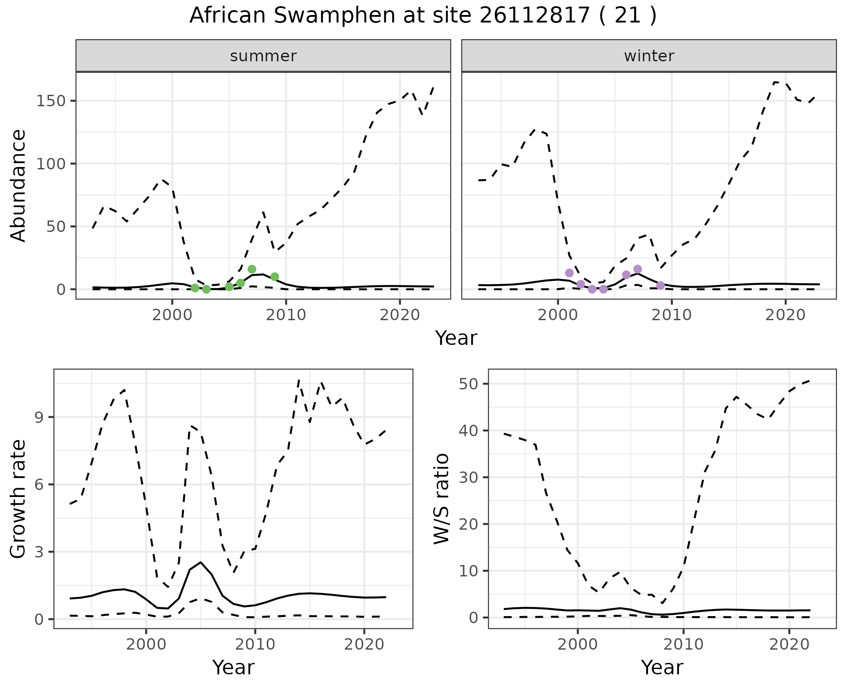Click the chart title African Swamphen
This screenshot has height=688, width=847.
tap(423, 16)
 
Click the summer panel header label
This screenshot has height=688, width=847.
tap(263, 56)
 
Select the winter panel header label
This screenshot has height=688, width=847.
tap(648, 56)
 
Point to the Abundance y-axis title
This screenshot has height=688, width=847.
tap(18, 185)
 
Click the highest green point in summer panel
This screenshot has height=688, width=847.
tap(252, 269)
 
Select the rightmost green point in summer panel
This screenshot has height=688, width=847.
tap(274, 277)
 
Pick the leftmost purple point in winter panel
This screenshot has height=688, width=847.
tap(569, 273)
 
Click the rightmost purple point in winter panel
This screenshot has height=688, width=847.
tap(660, 285)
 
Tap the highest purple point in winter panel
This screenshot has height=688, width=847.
tap(637, 269)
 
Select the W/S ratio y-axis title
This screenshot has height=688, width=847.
tap(441, 498)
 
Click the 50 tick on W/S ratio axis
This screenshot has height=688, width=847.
tap(469, 384)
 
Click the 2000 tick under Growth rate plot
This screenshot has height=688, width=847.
tap(146, 644)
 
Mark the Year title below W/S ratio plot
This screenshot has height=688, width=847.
tap(662, 667)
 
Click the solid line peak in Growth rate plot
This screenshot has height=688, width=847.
tap(201, 562)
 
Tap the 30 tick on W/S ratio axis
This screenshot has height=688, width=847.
tap(469, 477)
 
